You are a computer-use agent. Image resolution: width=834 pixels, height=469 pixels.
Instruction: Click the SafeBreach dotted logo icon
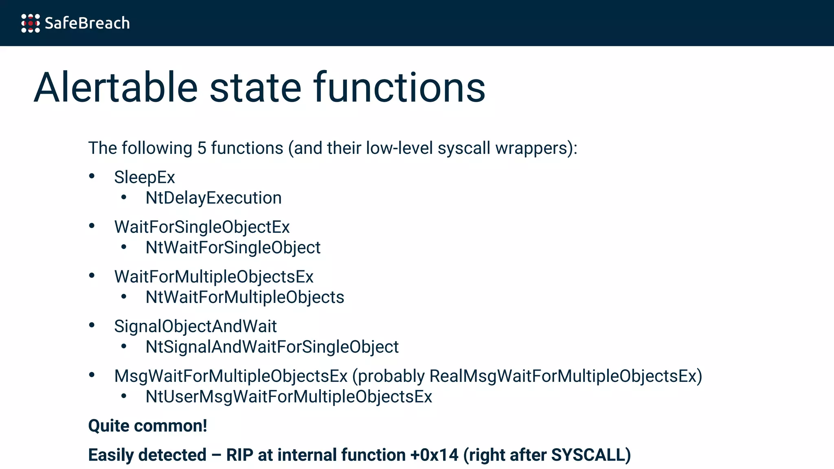(31, 23)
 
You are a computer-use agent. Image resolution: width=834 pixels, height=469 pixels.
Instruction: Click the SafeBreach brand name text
(87, 23)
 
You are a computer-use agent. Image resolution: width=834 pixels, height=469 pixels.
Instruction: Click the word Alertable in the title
(116, 88)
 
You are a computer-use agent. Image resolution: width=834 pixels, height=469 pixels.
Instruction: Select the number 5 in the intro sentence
(202, 148)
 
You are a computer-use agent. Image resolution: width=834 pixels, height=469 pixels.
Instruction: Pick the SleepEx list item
(145, 178)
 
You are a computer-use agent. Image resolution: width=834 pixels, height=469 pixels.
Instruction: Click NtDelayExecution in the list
(213, 198)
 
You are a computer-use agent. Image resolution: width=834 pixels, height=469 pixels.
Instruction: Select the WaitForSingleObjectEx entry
(202, 227)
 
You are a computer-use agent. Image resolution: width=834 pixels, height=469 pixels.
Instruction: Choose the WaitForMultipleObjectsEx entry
(214, 277)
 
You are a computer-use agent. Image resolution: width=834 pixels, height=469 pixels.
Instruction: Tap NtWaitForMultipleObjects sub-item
(245, 298)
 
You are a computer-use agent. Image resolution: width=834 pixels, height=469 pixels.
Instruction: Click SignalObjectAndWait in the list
(195, 327)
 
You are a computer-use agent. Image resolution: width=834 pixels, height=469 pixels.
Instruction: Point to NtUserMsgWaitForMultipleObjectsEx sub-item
(289, 397)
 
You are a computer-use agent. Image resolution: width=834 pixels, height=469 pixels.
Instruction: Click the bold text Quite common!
(148, 426)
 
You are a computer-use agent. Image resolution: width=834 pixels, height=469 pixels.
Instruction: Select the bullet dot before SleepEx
(92, 176)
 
